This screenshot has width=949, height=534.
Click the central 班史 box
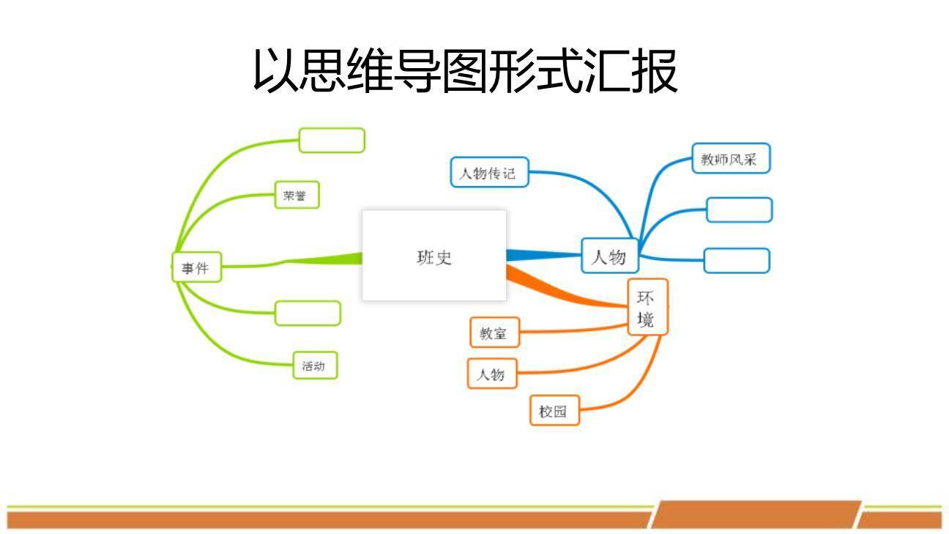[434, 256]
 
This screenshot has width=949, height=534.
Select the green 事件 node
[196, 268]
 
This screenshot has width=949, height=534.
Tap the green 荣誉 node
[297, 196]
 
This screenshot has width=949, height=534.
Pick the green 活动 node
[315, 366]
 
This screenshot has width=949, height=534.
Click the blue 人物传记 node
[488, 173]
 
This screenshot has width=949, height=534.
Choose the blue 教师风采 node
[731, 159]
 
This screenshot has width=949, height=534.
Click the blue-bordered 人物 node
[609, 256]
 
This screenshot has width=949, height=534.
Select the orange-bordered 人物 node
[492, 374]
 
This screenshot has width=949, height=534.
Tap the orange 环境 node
[647, 308]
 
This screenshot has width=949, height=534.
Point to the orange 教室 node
[494, 333]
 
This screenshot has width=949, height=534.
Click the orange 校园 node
[554, 411]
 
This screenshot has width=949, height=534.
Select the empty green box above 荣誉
[331, 140]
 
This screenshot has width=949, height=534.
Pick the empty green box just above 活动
[308, 313]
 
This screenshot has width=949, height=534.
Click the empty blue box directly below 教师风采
[738, 209]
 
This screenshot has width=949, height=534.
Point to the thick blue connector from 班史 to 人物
[542, 255]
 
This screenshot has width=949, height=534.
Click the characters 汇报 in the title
[630, 72]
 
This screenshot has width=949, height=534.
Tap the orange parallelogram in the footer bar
[754, 514]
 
